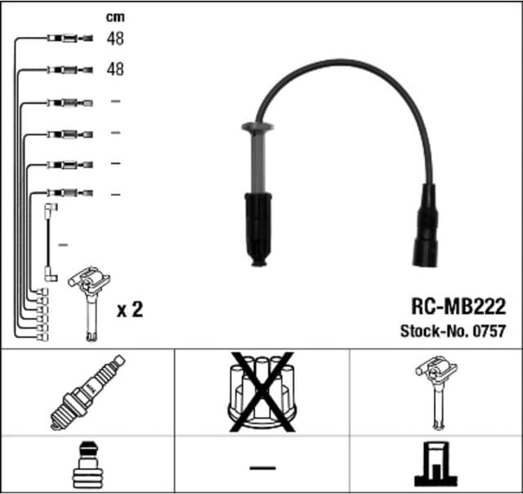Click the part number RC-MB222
pyautogui.click(x=458, y=308)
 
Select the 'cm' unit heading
pyautogui.click(x=115, y=16)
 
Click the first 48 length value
pyautogui.click(x=115, y=38)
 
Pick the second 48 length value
pyautogui.click(x=115, y=69)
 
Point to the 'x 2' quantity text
pyautogui.click(x=130, y=309)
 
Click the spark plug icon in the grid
pyautogui.click(x=87, y=391)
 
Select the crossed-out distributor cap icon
pyautogui.click(x=261, y=391)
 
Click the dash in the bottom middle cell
pyautogui.click(x=261, y=468)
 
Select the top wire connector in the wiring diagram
pyautogui.click(x=69, y=38)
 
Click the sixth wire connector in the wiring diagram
pyautogui.click(x=69, y=194)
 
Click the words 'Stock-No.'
pyautogui.click(x=431, y=332)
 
